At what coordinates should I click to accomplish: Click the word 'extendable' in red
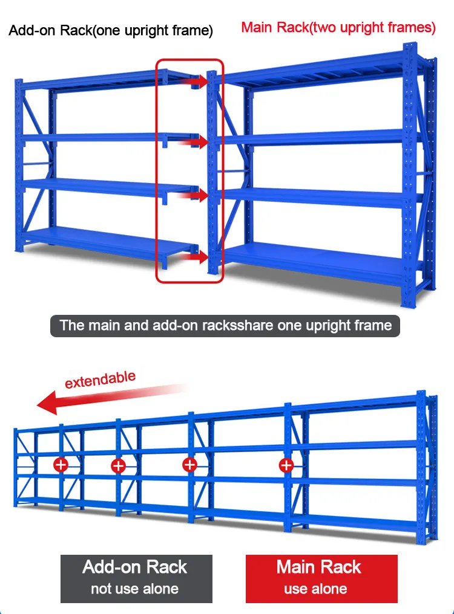pos(100,380)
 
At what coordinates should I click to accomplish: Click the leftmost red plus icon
pos(61,465)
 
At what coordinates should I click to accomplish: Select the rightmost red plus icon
pos(286,465)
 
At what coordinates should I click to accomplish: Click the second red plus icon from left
pos(118,465)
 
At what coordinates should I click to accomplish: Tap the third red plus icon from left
pos(190,464)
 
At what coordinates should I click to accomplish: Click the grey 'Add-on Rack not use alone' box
pos(136,578)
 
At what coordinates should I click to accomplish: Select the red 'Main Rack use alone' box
pos(321,578)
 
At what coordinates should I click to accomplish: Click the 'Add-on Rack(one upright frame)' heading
pos(111,31)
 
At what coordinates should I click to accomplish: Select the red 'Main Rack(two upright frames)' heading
pos(338,27)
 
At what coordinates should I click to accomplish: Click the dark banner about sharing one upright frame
pos(225,325)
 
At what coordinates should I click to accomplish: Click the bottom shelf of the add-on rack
pos(103,241)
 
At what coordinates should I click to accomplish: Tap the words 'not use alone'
pos(134,589)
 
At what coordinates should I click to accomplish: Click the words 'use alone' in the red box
pos(315,589)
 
